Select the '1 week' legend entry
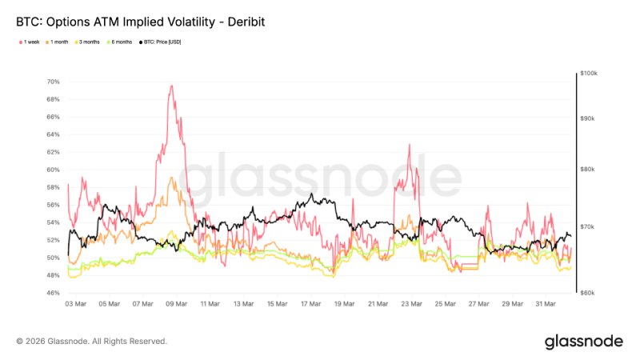pyautogui.click(x=29, y=42)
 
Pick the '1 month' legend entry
pyautogui.click(x=58, y=42)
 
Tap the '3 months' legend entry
pyautogui.click(x=89, y=42)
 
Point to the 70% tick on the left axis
pyautogui.click(x=53, y=82)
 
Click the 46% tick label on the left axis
pyautogui.click(x=53, y=293)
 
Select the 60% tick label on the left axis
pyautogui.click(x=53, y=170)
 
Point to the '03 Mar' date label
pyautogui.click(x=76, y=304)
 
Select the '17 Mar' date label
pyautogui.click(x=310, y=304)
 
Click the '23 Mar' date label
pyautogui.click(x=411, y=304)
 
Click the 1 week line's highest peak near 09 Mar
pyautogui.click(x=170, y=86)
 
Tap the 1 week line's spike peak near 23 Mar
pyautogui.click(x=410, y=145)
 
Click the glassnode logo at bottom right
pyautogui.click(x=583, y=342)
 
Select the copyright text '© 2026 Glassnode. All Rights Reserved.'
pyautogui.click(x=91, y=342)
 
